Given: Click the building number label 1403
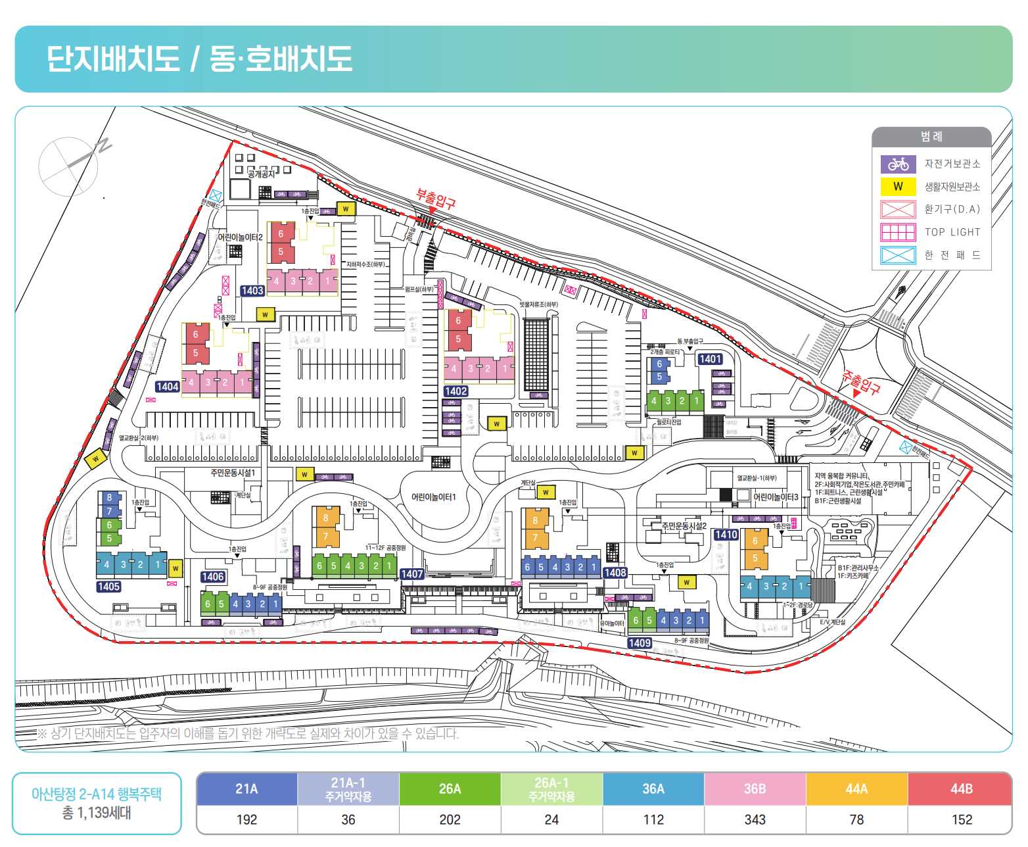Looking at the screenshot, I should (252, 291).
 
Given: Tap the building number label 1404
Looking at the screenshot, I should (167, 387).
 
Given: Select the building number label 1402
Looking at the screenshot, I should (456, 391).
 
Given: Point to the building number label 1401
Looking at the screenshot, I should (710, 359).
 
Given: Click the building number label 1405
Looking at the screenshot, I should (108, 587).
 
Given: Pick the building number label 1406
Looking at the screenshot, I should (213, 577).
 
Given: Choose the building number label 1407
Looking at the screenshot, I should (412, 574).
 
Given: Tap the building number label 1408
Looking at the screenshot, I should (615, 573).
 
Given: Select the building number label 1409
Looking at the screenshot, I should (640, 642).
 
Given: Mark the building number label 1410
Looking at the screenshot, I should (726, 535).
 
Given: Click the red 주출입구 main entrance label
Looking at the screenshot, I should (861, 381).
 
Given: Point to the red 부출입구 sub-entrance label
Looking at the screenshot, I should (435, 199).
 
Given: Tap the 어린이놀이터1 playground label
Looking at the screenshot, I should (433, 497).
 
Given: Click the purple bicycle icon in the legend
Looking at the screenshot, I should (898, 164).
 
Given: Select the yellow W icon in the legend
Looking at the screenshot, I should (898, 187).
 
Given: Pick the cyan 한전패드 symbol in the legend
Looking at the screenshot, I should (898, 255).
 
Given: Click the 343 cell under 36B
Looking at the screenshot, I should (755, 819).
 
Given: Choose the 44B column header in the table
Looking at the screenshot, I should (961, 788).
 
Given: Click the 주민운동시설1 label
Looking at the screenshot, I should (233, 473).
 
